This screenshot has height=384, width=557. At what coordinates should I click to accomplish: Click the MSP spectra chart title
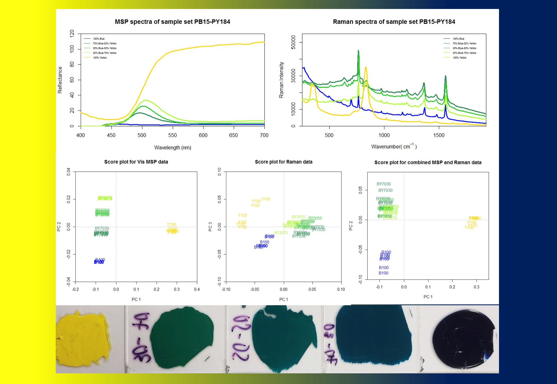[x=172, y=22]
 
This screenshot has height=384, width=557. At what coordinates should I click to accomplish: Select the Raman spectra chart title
[x=394, y=22]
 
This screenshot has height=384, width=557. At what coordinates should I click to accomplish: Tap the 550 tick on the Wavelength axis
[x=172, y=135]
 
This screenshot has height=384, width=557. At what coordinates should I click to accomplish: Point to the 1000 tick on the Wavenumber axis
[x=384, y=135]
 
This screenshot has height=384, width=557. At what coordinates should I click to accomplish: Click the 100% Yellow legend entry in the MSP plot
[x=100, y=58]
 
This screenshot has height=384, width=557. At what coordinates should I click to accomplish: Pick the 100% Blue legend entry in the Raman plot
[x=458, y=39]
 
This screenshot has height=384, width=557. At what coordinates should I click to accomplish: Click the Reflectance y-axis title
[x=60, y=80]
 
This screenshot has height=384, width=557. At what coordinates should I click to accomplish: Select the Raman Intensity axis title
[x=281, y=80]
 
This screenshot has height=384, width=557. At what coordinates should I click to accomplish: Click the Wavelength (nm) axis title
[x=173, y=147]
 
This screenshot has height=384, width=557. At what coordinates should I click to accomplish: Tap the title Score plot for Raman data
[x=284, y=162]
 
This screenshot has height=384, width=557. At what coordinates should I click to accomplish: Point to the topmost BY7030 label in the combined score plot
[x=384, y=184]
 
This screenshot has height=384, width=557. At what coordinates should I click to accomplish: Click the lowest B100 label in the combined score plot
[x=383, y=273]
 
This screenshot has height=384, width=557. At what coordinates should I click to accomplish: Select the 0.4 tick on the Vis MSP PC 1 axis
[x=197, y=289]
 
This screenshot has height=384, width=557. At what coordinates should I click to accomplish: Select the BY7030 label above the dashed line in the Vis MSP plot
[x=102, y=228]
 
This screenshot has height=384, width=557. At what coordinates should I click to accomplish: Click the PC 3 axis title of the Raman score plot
[x=210, y=227]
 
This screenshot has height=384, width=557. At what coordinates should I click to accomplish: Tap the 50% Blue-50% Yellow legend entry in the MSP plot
[x=105, y=48]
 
